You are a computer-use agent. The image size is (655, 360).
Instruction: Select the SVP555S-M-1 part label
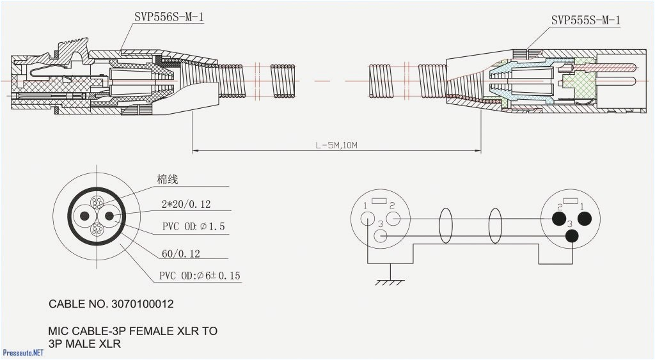coord(585,20)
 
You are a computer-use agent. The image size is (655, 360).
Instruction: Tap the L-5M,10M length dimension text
coord(336,145)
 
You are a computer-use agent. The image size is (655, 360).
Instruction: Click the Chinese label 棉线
coord(168,180)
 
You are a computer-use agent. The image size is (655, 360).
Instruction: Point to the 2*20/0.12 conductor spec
coord(186,205)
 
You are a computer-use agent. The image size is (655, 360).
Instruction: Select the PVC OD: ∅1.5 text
coord(193,227)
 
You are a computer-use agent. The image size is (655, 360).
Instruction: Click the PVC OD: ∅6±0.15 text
coord(200,276)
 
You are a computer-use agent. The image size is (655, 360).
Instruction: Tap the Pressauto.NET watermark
coord(23,352)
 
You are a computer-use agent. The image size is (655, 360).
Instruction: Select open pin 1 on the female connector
coord(368,218)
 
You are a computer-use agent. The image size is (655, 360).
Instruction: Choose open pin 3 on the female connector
coord(381,236)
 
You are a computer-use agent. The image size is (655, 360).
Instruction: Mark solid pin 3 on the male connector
coord(571,236)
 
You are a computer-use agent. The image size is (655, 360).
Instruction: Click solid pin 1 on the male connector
coord(583,219)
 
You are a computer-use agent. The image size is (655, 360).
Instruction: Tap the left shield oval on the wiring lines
coord(445,226)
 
